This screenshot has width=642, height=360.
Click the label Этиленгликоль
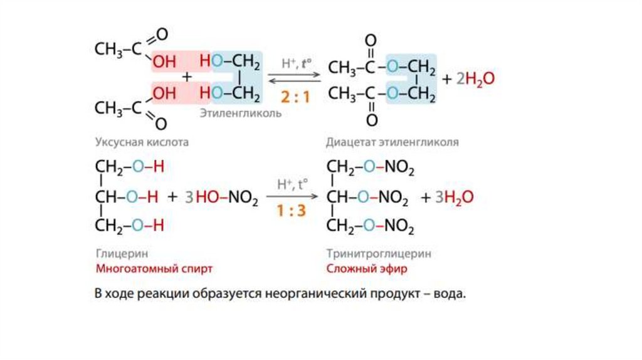pos(240,114)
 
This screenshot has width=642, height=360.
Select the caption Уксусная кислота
pos(142,142)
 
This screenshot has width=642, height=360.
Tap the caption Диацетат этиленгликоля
pos(392,142)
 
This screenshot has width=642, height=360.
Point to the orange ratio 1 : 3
pos(292,211)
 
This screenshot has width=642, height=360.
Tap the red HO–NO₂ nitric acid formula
pos(226,198)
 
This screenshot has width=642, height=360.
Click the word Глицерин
pos(116,255)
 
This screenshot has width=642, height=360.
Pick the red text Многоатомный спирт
pos(154,269)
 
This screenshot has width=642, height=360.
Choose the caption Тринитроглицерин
pos(379,255)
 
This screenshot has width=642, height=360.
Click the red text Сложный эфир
pos(366,269)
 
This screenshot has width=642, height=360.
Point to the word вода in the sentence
pos(451,294)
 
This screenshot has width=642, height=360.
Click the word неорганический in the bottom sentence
pos(307,294)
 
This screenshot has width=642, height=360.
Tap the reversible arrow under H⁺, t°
pos(295,77)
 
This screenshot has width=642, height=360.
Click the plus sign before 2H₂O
pos(447,80)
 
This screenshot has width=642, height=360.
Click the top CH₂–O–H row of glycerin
pos(129,168)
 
